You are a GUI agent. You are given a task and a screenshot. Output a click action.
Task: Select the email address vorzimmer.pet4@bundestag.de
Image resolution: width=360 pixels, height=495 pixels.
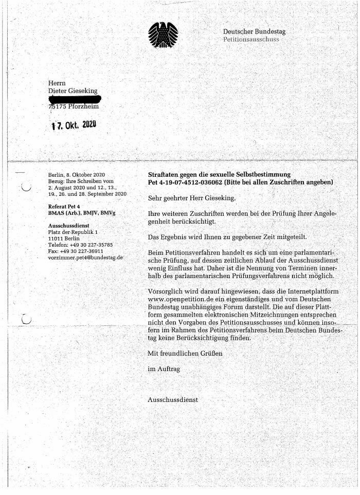tap(85, 257)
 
